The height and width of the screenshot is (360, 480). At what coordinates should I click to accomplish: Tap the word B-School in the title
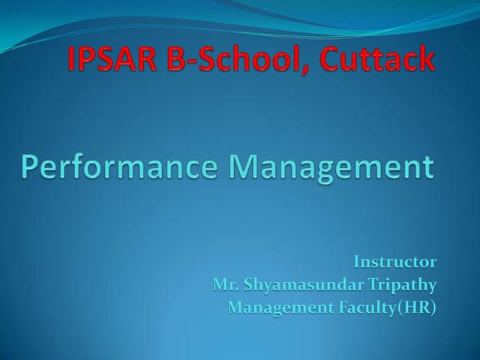coord(238,60)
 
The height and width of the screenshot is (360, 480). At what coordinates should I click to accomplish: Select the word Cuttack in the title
coord(377,60)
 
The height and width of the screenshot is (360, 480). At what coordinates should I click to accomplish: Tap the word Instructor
coord(394,262)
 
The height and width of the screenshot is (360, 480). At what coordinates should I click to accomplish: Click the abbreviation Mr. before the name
coord(223,284)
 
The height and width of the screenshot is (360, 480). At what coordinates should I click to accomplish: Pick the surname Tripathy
coord(397,285)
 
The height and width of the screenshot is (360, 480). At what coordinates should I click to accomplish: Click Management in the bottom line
coord(274,307)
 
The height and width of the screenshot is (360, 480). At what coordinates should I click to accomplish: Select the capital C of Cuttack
coord(331,60)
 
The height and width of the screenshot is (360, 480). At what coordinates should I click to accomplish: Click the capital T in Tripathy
coord(364,284)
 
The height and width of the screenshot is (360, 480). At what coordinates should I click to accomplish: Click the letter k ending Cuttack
coord(426,60)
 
